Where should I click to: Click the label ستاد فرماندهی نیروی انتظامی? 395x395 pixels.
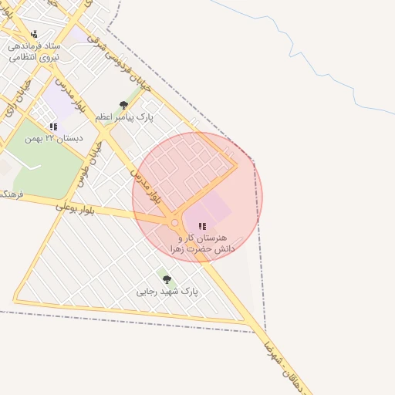pyautogui.click(x=34, y=52)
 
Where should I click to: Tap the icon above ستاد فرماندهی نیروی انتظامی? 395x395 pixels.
pyautogui.click(x=34, y=35)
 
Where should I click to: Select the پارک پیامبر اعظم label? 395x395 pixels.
pyautogui.click(x=124, y=118)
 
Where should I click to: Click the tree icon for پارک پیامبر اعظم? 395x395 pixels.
pyautogui.click(x=123, y=105)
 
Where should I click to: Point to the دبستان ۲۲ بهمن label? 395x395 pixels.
pyautogui.click(x=53, y=139)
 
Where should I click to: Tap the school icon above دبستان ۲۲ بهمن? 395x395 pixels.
pyautogui.click(x=53, y=127)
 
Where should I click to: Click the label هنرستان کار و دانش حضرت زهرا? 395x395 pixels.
pyautogui.click(x=202, y=244)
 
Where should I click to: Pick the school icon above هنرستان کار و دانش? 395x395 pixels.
pyautogui.click(x=202, y=227)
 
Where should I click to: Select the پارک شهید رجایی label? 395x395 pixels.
pyautogui.click(x=167, y=292)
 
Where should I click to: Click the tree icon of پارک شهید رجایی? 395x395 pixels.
pyautogui.click(x=167, y=279)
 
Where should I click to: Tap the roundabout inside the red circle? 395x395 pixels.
pyautogui.click(x=175, y=223)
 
